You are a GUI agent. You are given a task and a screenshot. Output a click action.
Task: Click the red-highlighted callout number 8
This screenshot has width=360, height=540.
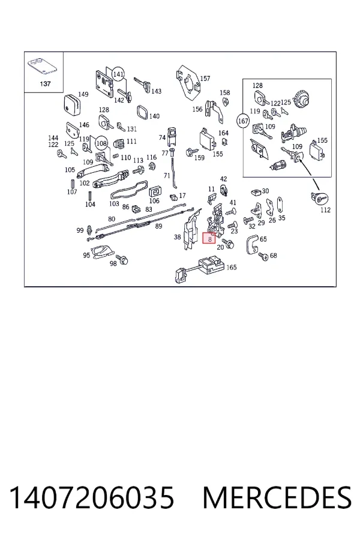[209, 238]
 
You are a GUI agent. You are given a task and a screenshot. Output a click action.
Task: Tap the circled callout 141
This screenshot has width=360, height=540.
[118, 74]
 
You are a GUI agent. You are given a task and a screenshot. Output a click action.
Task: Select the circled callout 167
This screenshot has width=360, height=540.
[243, 121]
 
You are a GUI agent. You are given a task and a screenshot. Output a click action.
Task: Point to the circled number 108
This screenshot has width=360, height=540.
[101, 143]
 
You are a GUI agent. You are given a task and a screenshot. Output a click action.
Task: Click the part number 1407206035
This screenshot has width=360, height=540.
[91, 497]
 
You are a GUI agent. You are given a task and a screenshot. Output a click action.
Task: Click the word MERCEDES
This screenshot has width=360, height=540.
[277, 497]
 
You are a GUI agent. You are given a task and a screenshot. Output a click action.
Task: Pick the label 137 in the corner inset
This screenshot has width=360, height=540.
[45, 83]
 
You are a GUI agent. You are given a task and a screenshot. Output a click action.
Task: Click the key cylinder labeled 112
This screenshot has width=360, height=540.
[319, 199]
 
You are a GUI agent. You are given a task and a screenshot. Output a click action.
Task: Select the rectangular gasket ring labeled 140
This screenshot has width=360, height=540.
[143, 112]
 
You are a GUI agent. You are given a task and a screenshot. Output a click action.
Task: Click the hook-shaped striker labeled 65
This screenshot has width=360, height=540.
[254, 245]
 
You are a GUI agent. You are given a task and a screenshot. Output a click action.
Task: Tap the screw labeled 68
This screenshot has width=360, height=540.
[263, 256]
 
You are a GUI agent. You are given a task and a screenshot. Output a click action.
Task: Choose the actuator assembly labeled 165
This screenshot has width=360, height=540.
[200, 268]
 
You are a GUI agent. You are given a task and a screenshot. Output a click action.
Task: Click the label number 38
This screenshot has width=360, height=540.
[177, 237]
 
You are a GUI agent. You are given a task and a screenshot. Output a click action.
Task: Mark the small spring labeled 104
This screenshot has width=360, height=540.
[90, 195]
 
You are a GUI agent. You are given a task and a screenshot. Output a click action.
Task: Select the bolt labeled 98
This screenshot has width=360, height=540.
[122, 259]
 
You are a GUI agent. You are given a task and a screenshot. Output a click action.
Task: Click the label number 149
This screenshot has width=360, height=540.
[83, 94]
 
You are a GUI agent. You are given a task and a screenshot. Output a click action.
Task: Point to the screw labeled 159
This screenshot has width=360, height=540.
[191, 151]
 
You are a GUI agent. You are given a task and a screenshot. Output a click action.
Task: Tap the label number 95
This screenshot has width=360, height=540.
[86, 255]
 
